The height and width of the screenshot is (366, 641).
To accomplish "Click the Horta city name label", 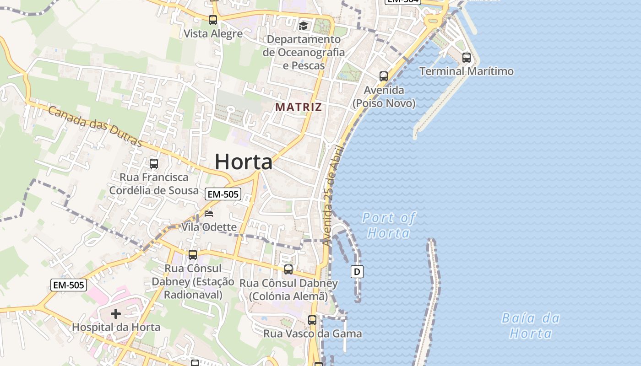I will point(244,162).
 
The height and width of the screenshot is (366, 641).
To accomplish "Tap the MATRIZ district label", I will point(299,107).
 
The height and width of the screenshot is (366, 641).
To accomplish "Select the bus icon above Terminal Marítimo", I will point(467,58).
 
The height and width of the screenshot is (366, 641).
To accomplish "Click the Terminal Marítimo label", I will point(467,71).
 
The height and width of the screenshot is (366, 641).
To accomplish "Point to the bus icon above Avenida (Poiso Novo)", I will point(384,76).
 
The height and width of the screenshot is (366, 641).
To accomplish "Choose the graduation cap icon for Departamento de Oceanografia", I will point(303,26).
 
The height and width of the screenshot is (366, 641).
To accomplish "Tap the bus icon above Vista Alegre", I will point(213,20).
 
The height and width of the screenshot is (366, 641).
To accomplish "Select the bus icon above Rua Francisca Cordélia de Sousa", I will point(154,163).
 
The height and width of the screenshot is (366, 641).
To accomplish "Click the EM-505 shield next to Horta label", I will point(223,194).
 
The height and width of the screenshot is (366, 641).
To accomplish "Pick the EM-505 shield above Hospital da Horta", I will point(68,285).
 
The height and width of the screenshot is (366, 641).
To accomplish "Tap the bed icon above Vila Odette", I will point(209,214).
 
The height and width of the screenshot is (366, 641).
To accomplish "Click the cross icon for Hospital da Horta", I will point(116,314).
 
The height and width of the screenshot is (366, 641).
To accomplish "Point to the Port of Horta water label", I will point(389,225).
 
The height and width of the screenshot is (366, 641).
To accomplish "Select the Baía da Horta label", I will point(531,325).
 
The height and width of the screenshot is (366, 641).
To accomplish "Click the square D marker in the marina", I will point(357,272).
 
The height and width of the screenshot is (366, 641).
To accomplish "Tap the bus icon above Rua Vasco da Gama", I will point(312,320).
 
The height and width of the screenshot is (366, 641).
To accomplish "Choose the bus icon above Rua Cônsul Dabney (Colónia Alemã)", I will point(288,269).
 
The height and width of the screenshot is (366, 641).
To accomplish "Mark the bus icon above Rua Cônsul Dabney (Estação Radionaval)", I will point(193,255).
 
